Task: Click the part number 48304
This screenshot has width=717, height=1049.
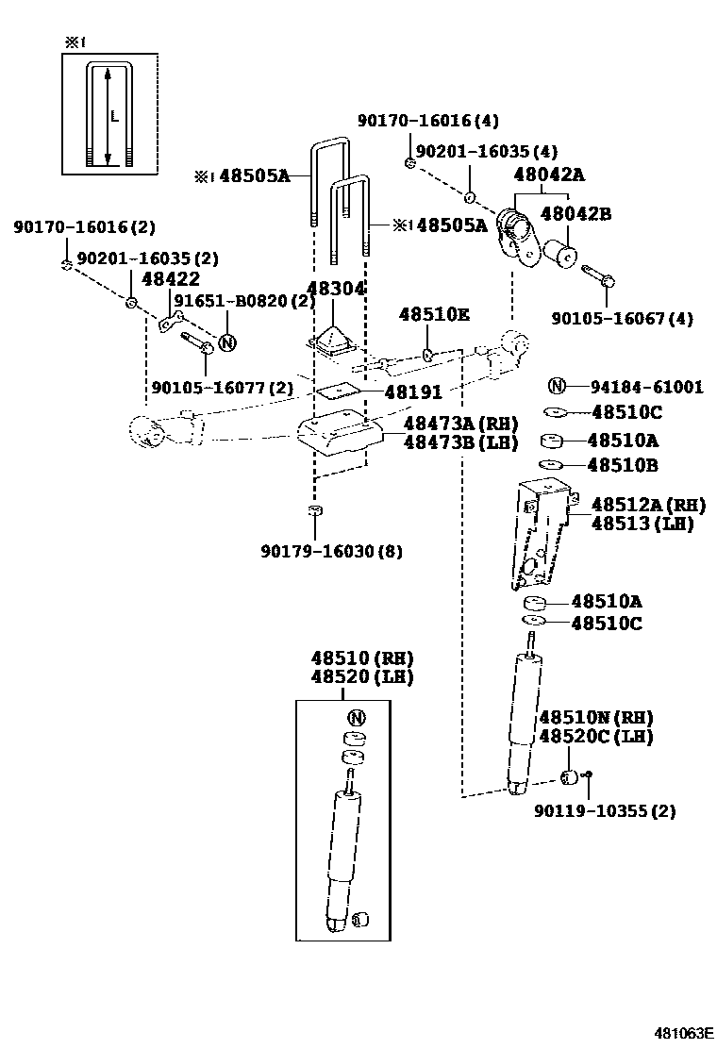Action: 335,289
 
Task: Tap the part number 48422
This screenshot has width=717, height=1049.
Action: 170,279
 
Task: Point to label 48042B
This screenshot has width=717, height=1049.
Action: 575,214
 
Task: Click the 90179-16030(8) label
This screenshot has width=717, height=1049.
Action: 331,551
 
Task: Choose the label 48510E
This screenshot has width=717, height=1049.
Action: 434,314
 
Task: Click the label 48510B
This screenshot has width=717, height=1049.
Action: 623,465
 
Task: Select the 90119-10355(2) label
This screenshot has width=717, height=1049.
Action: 604,810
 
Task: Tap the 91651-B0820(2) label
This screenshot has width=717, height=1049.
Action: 243,302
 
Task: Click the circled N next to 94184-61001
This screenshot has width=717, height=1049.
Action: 557,386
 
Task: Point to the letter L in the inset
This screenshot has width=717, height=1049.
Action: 113,117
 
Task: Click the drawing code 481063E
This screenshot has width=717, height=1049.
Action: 686,1032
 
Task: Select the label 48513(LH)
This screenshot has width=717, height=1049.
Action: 642,524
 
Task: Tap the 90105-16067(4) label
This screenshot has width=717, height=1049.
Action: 622,319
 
